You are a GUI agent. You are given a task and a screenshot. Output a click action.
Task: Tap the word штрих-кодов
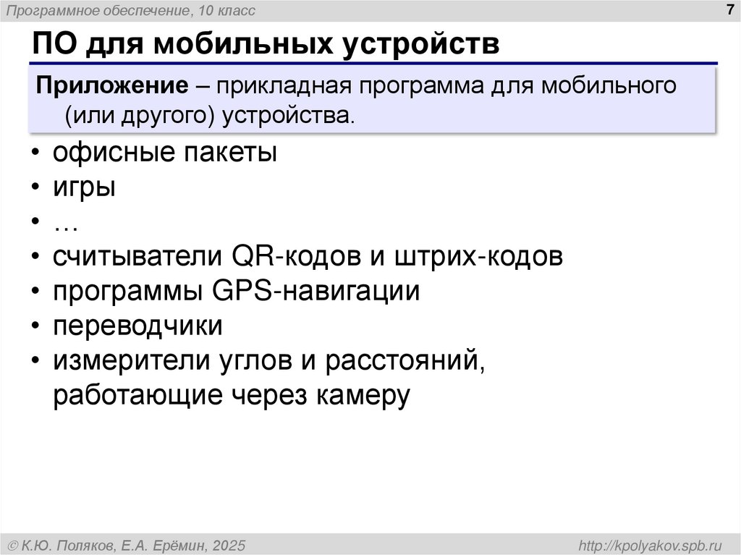pyautogui.click(x=478, y=257)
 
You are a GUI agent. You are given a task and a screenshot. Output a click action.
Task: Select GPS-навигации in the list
pyautogui.click(x=316, y=292)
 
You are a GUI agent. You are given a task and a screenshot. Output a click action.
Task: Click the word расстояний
pyautogui.click(x=403, y=360)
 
